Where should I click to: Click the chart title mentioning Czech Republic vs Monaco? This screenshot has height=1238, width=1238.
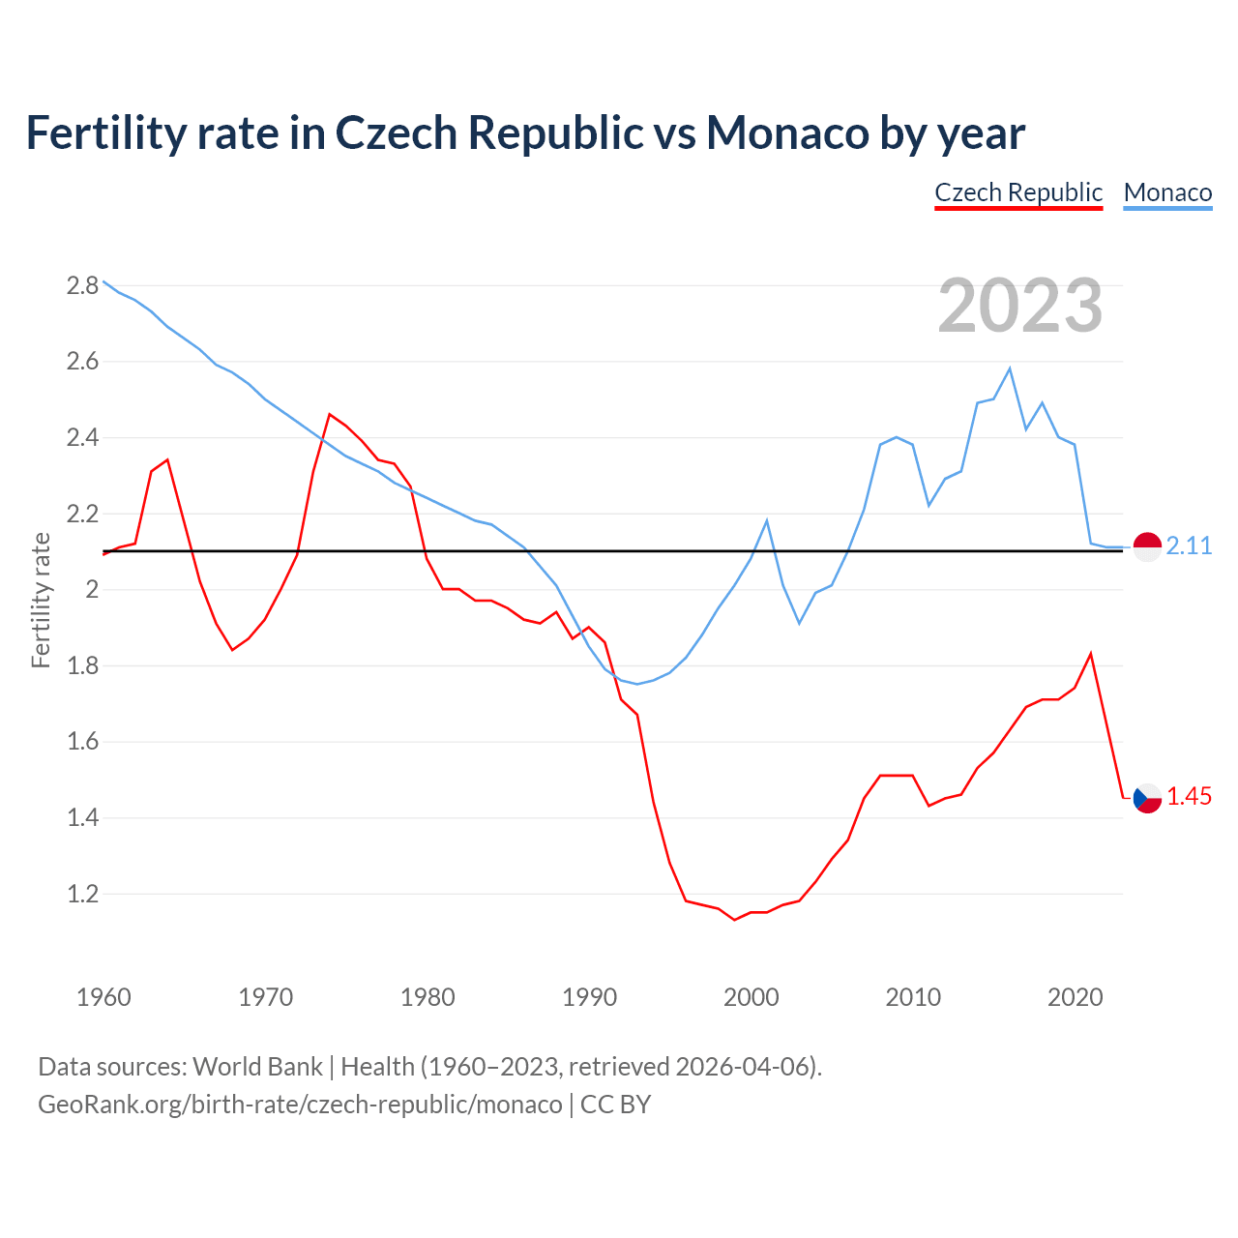tap(525, 133)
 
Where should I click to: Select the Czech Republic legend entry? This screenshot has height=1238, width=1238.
tap(1018, 192)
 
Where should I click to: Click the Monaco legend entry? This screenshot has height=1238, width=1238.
tap(1167, 192)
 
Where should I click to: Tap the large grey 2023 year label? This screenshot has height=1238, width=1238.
tap(1020, 306)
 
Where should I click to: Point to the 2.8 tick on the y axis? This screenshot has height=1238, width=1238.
tap(82, 285)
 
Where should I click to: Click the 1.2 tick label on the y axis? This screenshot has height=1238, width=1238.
tap(82, 894)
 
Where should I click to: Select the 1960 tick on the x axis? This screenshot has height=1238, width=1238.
tap(103, 997)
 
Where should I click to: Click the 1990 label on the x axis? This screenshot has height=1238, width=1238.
tap(589, 997)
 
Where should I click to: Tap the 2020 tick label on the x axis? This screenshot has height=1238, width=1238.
tap(1075, 997)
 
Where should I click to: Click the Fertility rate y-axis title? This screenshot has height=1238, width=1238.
tap(41, 600)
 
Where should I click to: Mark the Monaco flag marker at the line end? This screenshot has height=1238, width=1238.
tap(1147, 546)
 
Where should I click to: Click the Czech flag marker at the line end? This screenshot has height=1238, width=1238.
tap(1147, 798)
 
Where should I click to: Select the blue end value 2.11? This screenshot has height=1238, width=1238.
tap(1189, 546)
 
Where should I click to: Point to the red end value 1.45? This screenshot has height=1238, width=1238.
tap(1189, 797)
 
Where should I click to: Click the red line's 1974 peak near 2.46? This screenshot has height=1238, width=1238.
tap(330, 414)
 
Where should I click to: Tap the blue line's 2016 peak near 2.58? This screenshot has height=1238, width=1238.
tap(1010, 368)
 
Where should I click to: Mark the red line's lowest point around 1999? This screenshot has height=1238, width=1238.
tap(735, 919)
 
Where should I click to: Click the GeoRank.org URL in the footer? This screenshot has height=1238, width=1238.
tap(300, 1104)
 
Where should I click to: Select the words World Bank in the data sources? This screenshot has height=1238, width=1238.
tap(257, 1067)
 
